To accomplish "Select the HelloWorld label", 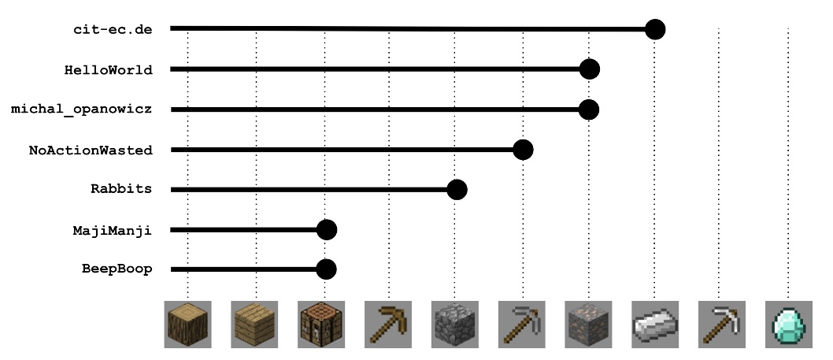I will pyautogui.click(x=108, y=69).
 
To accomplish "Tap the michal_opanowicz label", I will pyautogui.click(x=81, y=109).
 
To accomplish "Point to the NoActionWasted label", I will pyautogui.click(x=91, y=150).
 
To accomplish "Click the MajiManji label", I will pyautogui.click(x=112, y=230).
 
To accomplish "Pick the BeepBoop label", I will pyautogui.click(x=117, y=269).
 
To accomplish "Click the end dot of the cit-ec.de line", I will pyautogui.click(x=655, y=30).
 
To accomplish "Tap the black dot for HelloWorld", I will pyautogui.click(x=589, y=69).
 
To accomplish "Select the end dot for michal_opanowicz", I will pyautogui.click(x=589, y=109).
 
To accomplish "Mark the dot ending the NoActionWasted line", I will pyautogui.click(x=523, y=150).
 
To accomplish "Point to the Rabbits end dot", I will pyautogui.click(x=457, y=190).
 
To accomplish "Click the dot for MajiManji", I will pyautogui.click(x=327, y=230).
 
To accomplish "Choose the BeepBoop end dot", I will pyautogui.click(x=327, y=269).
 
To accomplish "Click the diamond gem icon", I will pyautogui.click(x=787, y=324).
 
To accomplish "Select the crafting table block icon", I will pyautogui.click(x=321, y=324).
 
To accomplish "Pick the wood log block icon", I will pyautogui.click(x=187, y=324).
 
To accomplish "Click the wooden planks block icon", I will pyautogui.click(x=254, y=324).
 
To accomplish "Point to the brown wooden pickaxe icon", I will pyautogui.click(x=388, y=324).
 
